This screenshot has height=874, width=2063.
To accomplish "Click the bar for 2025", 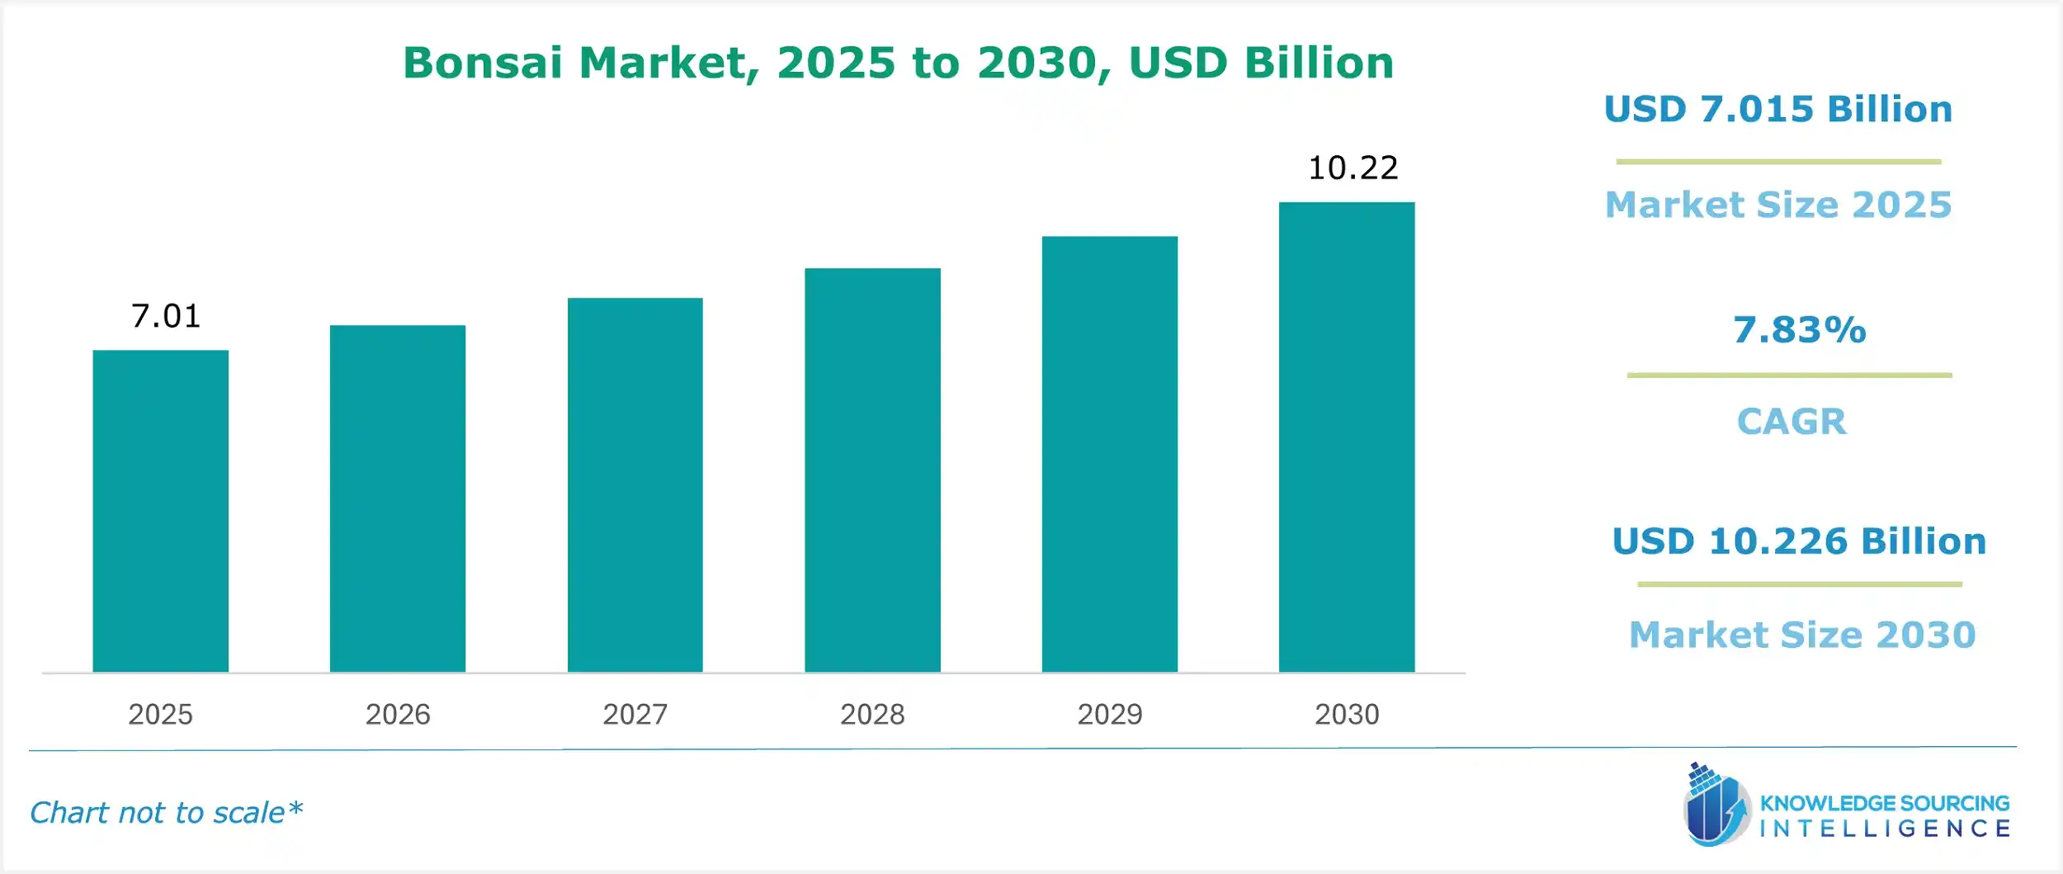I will click(x=160, y=511).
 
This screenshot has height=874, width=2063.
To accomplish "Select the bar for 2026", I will click(x=398, y=498).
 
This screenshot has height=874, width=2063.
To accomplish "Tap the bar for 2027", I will click(x=635, y=484).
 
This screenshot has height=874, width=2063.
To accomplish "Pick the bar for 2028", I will click(x=872, y=470).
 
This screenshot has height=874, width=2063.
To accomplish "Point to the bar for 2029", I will click(x=1110, y=454).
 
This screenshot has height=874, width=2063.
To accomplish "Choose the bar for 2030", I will click(x=1347, y=437).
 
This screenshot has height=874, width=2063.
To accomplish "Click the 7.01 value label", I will click(x=166, y=316).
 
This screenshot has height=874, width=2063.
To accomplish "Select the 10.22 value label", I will click(x=1353, y=168).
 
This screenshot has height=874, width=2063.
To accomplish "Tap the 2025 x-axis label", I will click(x=160, y=714).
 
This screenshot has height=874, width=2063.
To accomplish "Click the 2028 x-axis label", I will click(x=872, y=714).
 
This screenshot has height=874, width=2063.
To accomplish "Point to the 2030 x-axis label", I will click(x=1347, y=714).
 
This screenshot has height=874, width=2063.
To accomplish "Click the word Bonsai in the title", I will click(x=483, y=63).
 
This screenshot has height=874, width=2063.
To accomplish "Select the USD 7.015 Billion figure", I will click(x=1778, y=110).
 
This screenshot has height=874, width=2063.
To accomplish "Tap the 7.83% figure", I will click(x=1799, y=330).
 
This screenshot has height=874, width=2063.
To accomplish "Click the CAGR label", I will click(x=1792, y=422).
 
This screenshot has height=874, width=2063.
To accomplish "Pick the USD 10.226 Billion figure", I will click(x=1799, y=541).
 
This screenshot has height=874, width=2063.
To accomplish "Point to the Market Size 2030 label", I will click(x=1802, y=635).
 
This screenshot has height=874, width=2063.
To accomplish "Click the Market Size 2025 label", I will click(x=1778, y=205).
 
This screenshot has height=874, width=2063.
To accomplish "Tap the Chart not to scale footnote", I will click(x=166, y=813).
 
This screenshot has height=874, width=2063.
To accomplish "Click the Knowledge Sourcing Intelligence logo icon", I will click(x=1716, y=805).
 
